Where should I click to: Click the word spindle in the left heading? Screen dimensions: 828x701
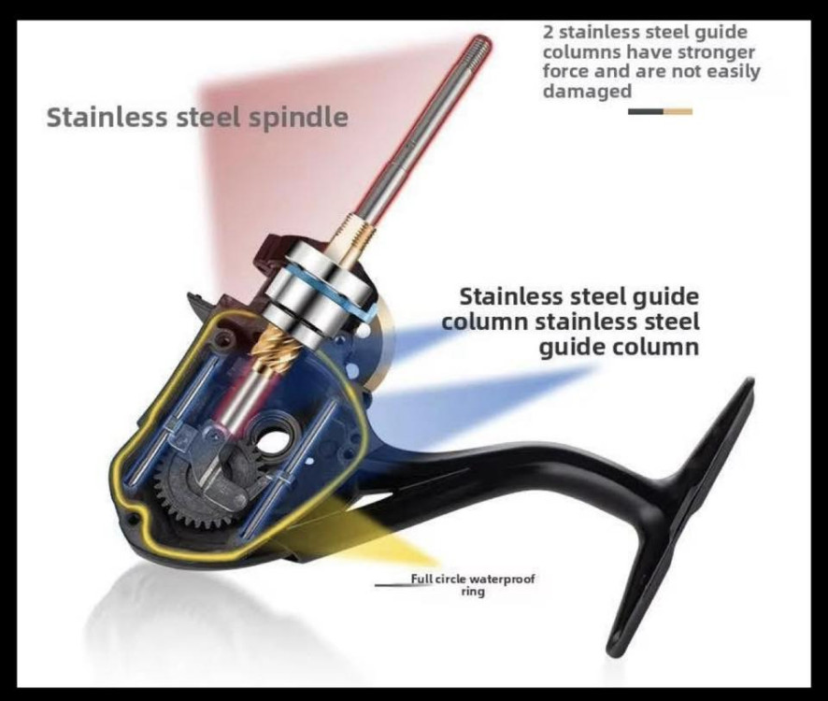298,118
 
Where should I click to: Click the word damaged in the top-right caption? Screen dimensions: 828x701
587,92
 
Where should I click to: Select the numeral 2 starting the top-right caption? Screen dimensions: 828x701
549,32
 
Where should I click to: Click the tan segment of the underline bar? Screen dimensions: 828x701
678,111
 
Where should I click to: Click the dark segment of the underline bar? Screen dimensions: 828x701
646,111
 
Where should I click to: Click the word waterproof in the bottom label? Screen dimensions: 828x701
502,579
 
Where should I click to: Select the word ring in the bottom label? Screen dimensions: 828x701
473,592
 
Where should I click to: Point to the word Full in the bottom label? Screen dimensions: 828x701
421,579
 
